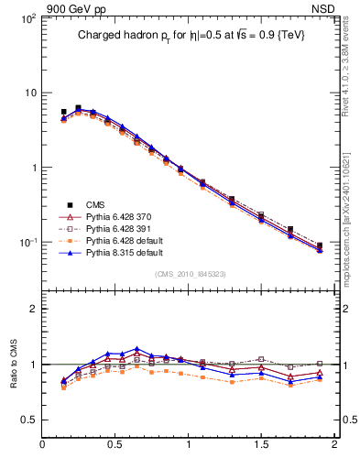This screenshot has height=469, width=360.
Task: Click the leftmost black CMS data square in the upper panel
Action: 63,112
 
